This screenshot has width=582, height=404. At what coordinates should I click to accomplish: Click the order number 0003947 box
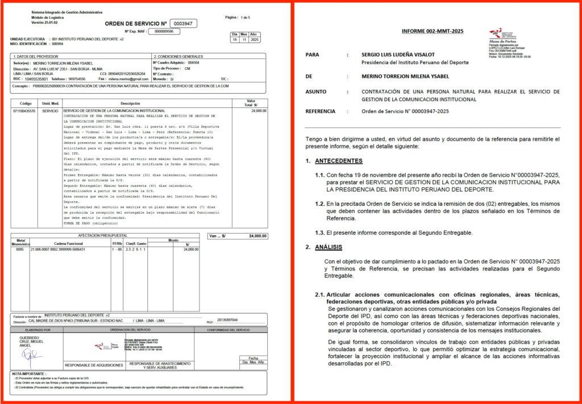pos(184,23)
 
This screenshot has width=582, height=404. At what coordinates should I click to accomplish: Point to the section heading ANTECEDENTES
pos(339,161)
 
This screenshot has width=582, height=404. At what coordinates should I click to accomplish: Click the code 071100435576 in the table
pos(24,111)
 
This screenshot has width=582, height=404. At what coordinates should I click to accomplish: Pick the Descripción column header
pos(130,103)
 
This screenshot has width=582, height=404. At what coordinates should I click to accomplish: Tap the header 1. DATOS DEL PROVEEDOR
pos(38,57)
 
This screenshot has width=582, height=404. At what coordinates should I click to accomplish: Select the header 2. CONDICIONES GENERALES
pos(178,57)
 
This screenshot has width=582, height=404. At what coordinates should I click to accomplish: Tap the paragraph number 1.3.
pos(319,233)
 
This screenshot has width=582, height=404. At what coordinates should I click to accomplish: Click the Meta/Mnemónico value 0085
pos(20,249)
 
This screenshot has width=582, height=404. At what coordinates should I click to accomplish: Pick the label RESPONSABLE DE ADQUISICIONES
pos(93,365)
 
